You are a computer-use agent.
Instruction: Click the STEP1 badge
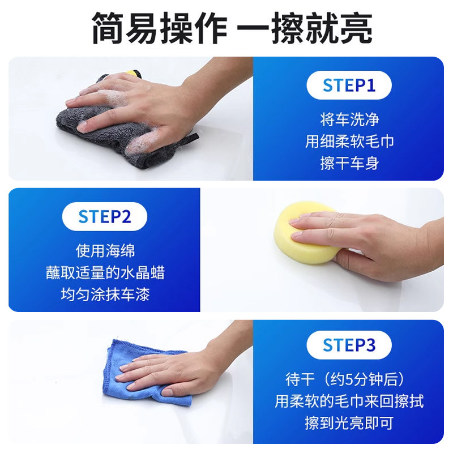pyautogui.click(x=349, y=86)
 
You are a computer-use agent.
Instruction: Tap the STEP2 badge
pyautogui.click(x=104, y=216)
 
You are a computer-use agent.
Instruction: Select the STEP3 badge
pyautogui.click(x=349, y=345)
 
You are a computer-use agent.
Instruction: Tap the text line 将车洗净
pyautogui.click(x=349, y=119)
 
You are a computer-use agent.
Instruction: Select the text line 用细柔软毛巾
pyautogui.click(x=349, y=142)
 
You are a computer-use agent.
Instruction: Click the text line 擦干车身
pyautogui.click(x=349, y=164)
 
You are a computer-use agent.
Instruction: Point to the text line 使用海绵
pyautogui.click(x=105, y=250)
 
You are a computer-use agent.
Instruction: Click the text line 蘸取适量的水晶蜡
pyautogui.click(x=105, y=272)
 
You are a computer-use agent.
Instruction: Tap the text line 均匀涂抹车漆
pyautogui.click(x=105, y=294)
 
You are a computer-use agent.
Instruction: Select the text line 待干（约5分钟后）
pyautogui.click(x=349, y=379)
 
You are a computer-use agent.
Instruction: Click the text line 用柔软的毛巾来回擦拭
pyautogui.click(x=349, y=401)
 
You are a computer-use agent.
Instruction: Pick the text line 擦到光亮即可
pyautogui.click(x=349, y=423)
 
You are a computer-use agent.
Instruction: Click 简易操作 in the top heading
pyautogui.click(x=159, y=28)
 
